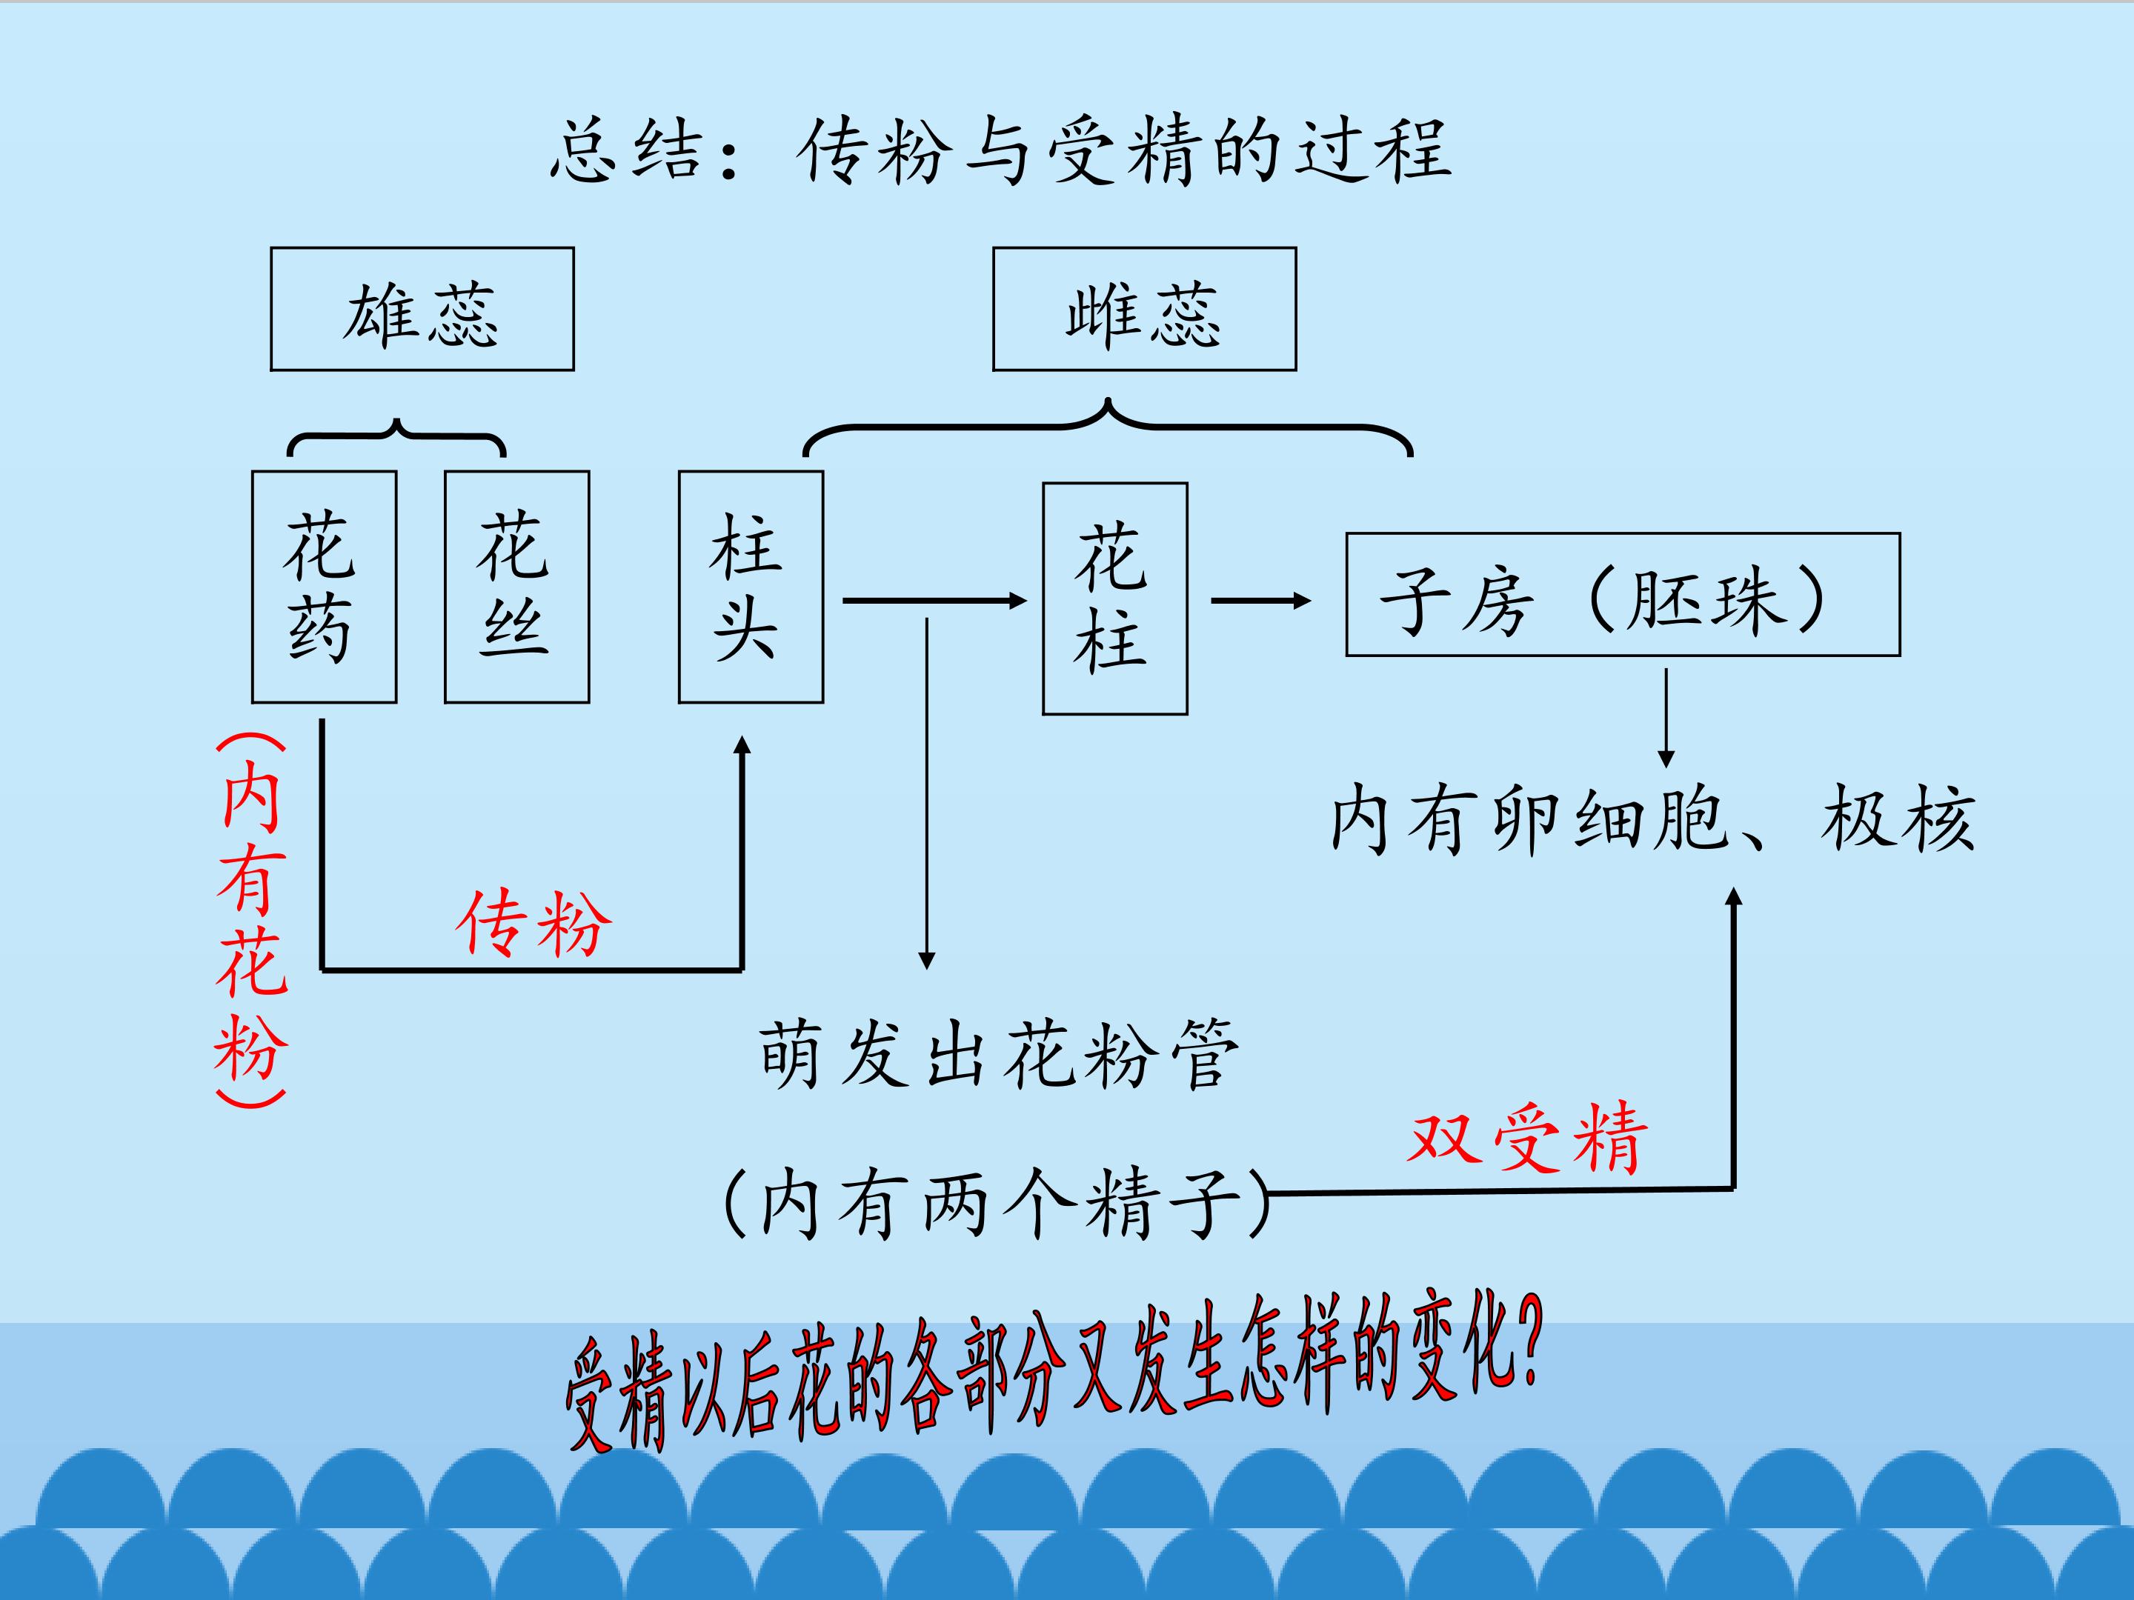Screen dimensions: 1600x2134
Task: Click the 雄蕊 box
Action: coord(422,309)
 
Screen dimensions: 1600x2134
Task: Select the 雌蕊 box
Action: coord(1144,309)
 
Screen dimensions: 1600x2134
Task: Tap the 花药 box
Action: coord(324,587)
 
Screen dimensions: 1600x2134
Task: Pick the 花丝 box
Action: coord(516,587)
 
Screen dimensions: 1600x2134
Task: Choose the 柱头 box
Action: coord(751,587)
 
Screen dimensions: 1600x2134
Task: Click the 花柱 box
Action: coord(1114,598)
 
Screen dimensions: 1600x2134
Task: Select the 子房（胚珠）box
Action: coord(1623,594)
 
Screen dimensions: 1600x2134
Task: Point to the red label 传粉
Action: coord(533,923)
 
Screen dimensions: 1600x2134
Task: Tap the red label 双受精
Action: coord(1527,1138)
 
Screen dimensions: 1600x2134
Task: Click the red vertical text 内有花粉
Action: coord(251,921)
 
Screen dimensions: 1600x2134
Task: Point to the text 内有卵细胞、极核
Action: coord(1652,820)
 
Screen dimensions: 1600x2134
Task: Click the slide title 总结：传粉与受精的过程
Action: coord(1001,151)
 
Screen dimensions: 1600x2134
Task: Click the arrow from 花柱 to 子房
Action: coord(1260,601)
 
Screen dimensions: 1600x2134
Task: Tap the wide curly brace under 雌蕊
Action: coord(1108,425)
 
